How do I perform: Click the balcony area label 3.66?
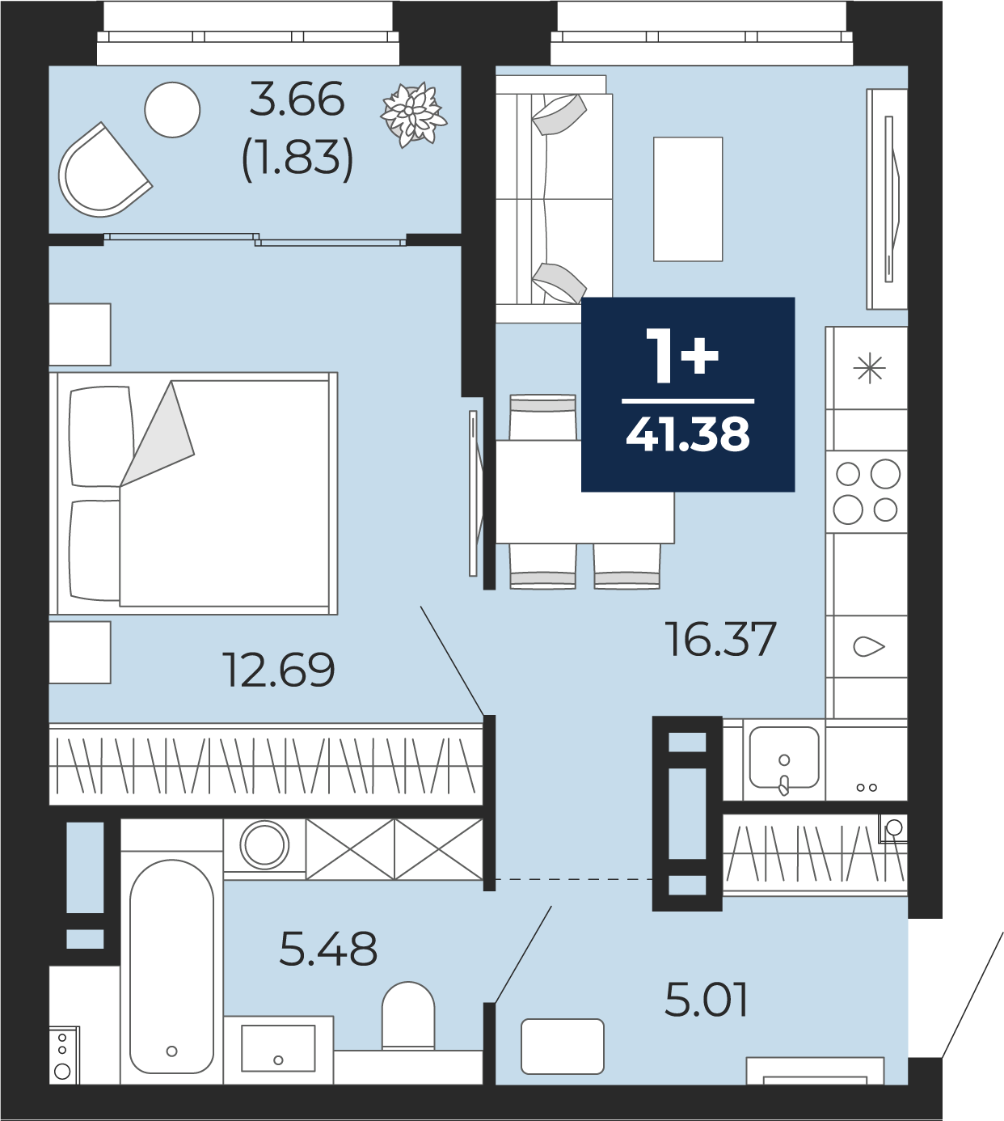point(297,99)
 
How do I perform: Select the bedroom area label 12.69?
point(279,669)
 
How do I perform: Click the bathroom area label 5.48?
point(328,948)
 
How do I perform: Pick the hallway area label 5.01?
point(706,999)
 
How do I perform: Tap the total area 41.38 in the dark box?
point(688,434)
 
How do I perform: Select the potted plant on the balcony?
point(413,114)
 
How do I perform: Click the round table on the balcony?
point(172,109)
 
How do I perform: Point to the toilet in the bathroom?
point(408,1017)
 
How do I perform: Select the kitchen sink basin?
point(784,758)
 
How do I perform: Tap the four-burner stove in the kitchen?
point(867,491)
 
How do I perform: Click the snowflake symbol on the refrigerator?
point(869,368)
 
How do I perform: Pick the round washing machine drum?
point(264,845)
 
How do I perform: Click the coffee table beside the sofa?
point(688,199)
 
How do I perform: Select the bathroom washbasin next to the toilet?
point(278,1048)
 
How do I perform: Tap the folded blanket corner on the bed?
point(158,434)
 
